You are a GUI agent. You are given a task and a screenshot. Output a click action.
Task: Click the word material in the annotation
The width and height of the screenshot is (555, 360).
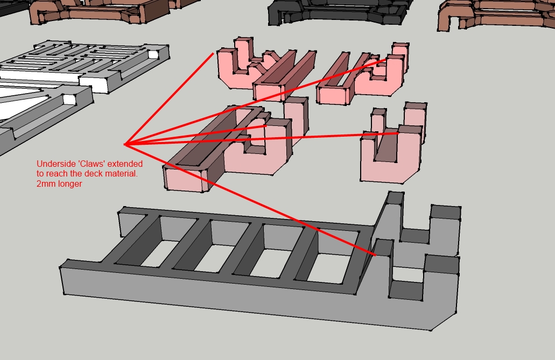pos(122,174)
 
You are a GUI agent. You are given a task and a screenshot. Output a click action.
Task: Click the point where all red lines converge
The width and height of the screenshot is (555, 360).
pos(125,144)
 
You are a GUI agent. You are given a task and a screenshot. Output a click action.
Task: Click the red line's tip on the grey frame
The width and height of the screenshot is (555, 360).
pos(375,255)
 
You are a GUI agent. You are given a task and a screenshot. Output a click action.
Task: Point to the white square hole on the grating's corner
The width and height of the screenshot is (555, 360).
pos(153,54)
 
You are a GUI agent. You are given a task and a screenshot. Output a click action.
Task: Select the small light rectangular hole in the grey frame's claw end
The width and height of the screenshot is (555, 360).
pos(408,274)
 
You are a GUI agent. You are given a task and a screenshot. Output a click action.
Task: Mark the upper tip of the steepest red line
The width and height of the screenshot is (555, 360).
pos(213,53)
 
